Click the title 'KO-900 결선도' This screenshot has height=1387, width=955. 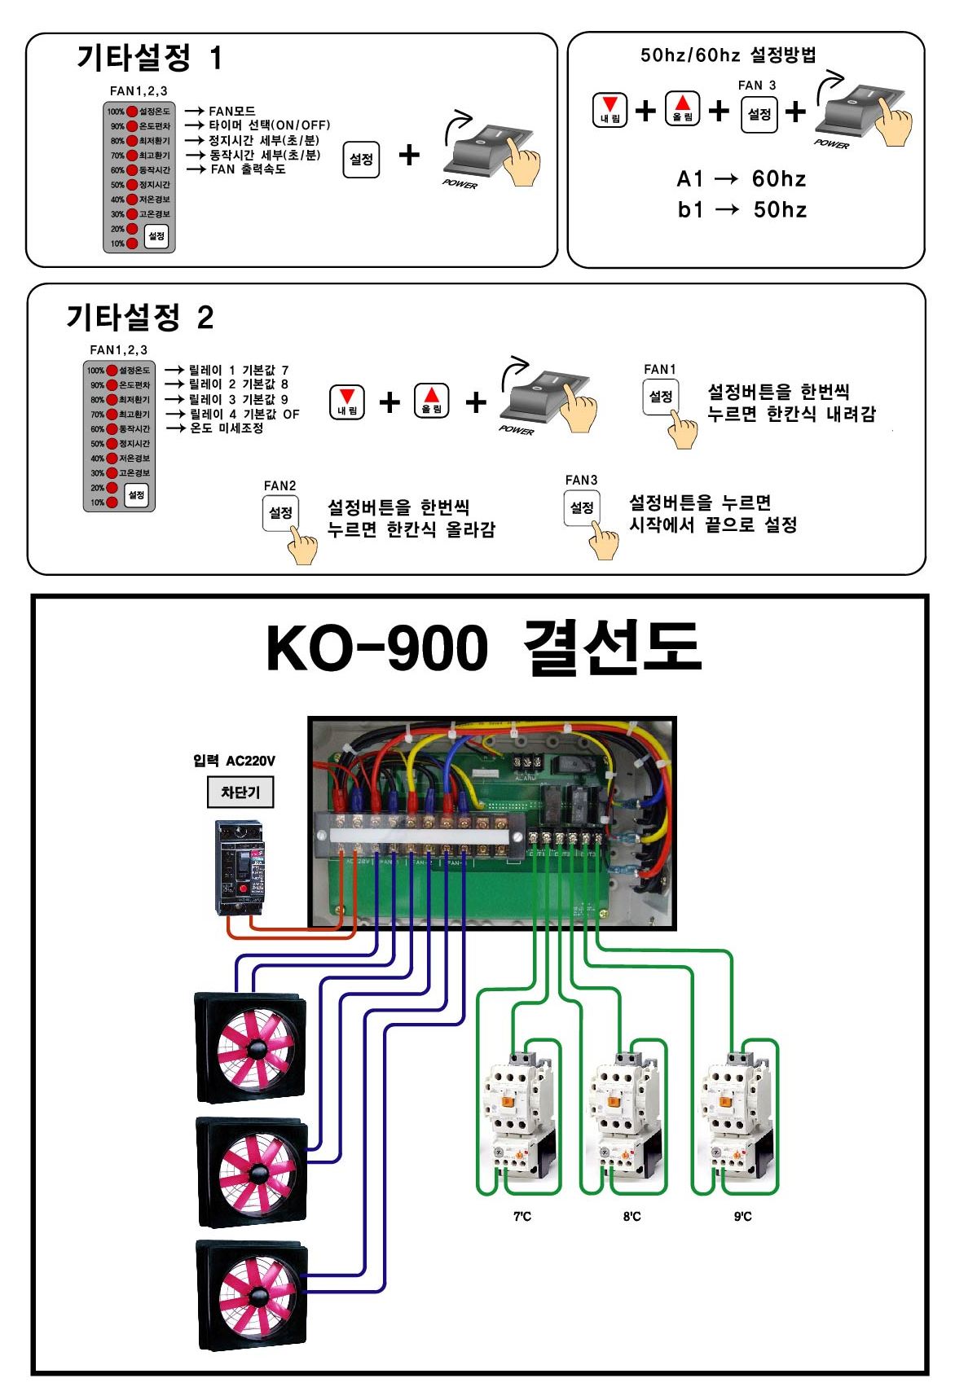(x=482, y=648)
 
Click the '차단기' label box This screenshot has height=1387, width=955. (x=240, y=792)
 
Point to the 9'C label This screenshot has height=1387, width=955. (x=742, y=1217)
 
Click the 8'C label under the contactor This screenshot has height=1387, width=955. (x=632, y=1217)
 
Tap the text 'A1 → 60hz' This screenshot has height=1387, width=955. (x=742, y=179)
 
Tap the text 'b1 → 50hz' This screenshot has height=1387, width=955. (x=742, y=210)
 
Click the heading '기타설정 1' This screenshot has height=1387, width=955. (x=149, y=58)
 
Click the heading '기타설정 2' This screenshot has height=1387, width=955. (x=139, y=317)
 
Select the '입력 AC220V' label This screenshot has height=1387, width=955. (x=234, y=761)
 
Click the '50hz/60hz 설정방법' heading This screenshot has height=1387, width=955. (x=728, y=55)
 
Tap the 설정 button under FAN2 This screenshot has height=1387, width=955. (x=280, y=513)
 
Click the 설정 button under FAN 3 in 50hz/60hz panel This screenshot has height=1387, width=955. (x=759, y=114)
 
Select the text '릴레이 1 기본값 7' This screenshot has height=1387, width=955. (x=239, y=371)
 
